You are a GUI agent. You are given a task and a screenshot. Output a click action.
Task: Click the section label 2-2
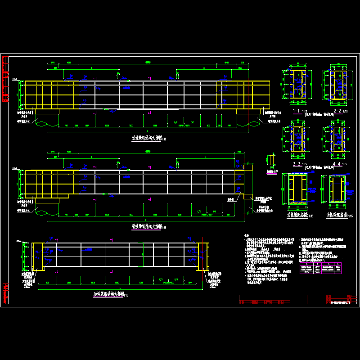pos(336,110)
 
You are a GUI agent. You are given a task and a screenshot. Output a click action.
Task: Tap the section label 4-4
pos(336,164)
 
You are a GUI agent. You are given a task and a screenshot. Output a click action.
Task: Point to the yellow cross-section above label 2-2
pos(336,85)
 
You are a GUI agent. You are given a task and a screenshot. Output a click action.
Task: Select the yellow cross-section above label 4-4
pos(336,139)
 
